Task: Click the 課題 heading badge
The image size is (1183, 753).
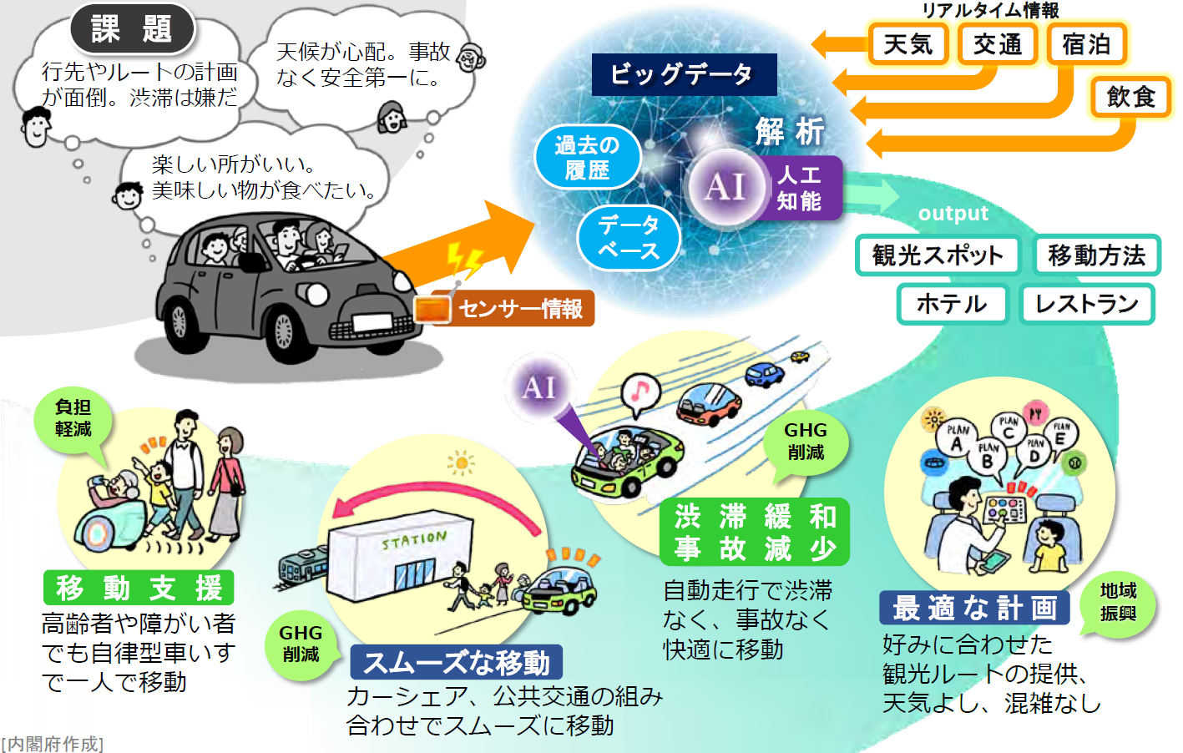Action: [x=132, y=29]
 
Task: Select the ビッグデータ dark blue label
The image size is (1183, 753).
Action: [x=684, y=74]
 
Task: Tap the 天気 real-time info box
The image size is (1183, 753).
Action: [x=907, y=44]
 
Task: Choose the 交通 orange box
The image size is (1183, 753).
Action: [x=997, y=44]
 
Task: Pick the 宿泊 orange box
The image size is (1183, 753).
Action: [x=1086, y=44]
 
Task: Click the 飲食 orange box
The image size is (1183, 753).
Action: [x=1131, y=97]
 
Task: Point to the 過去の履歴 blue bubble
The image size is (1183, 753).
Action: [x=587, y=157]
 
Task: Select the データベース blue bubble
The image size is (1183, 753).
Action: [x=629, y=237]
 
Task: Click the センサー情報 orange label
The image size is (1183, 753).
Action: [x=519, y=309]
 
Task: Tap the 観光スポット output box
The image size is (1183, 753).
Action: [x=938, y=255]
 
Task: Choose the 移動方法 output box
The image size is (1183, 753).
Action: [x=1096, y=255]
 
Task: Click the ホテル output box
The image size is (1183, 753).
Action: [x=952, y=304]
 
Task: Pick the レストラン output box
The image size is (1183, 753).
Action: [x=1086, y=304]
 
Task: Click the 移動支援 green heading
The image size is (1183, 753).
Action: [x=139, y=588]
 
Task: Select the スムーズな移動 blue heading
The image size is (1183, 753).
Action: [x=456, y=663]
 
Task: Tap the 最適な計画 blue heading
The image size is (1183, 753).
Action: [x=974, y=608]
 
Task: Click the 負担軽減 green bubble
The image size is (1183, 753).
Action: [x=73, y=418]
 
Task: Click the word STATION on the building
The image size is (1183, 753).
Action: [x=414, y=540]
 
